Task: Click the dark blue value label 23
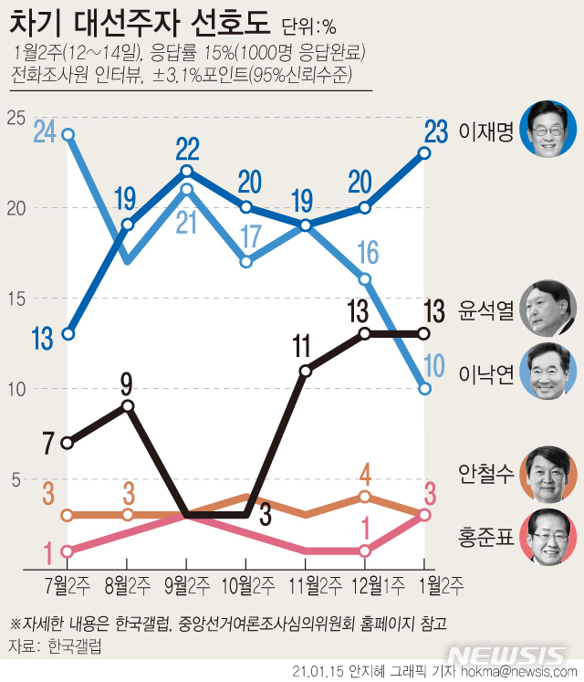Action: (434, 132)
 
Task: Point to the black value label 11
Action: (302, 347)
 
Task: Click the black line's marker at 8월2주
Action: (128, 406)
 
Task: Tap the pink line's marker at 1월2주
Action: (424, 515)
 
